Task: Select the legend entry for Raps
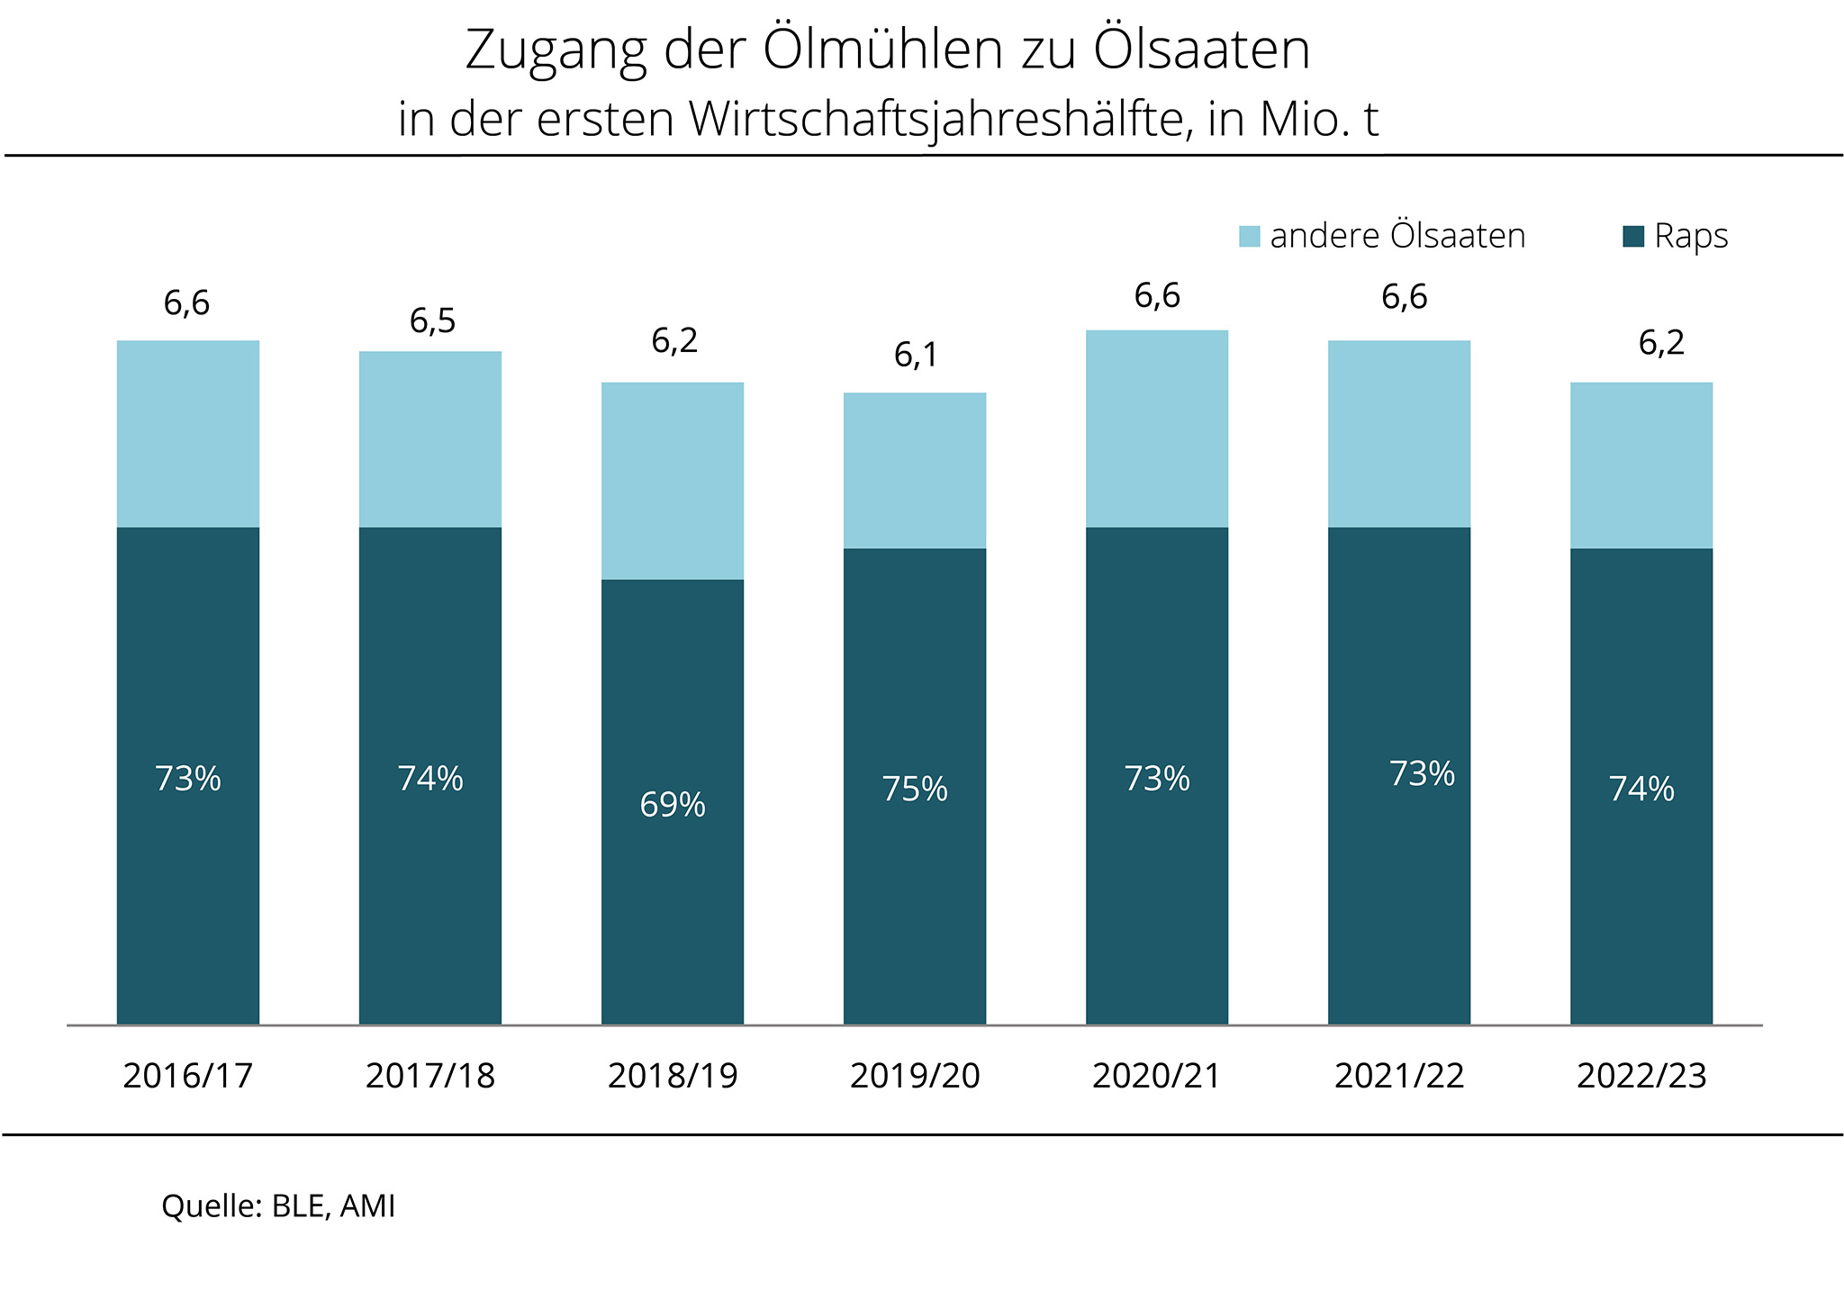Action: point(1675,237)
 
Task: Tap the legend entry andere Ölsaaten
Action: point(1382,237)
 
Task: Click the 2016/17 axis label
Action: point(187,1076)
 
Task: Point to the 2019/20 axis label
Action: point(915,1076)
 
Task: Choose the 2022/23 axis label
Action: point(1641,1076)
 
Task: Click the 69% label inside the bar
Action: point(673,805)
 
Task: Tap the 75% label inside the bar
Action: point(915,790)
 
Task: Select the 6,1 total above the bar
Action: point(916,356)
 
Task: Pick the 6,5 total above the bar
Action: point(432,320)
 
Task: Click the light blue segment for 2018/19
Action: point(673,481)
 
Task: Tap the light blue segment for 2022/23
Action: point(1641,465)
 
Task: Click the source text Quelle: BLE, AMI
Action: point(278,1206)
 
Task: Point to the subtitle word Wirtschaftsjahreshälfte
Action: point(936,120)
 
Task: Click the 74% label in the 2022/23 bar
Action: point(1641,790)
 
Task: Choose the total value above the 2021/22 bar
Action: point(1404,297)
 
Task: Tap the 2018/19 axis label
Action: point(673,1076)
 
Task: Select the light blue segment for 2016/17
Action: point(188,434)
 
